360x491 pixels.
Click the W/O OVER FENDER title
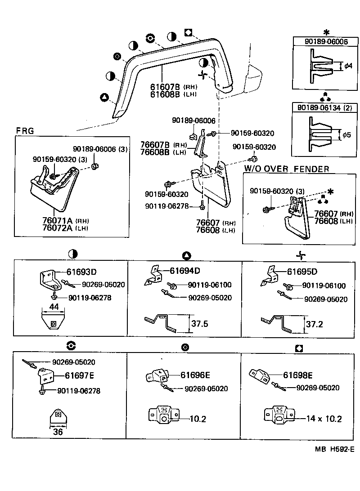click(x=287, y=169)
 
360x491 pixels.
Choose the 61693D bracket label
click(x=82, y=272)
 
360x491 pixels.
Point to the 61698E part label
click(x=297, y=375)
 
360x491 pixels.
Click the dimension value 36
click(x=57, y=433)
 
